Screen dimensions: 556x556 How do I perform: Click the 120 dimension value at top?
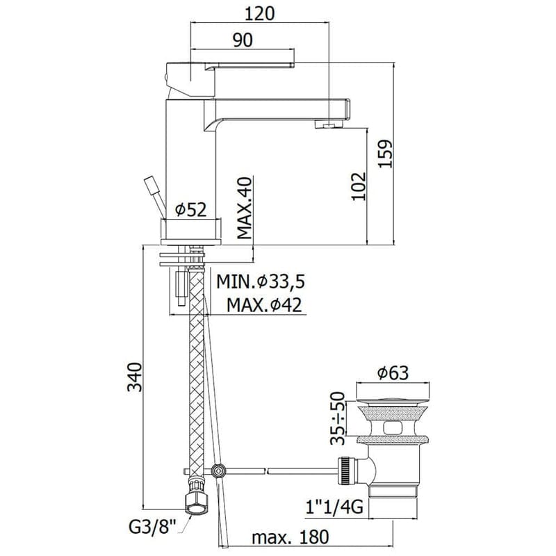coord(260,14)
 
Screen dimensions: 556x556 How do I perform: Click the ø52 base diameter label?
coord(191,208)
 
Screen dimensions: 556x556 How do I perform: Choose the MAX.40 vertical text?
coord(243,208)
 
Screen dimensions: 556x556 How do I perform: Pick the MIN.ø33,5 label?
coord(261,281)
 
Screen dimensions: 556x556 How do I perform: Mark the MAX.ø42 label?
coord(264,304)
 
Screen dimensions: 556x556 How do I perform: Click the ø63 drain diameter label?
coord(392,373)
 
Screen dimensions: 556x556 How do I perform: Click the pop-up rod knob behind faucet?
coord(150,186)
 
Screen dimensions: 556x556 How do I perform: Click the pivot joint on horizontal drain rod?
coord(220,471)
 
